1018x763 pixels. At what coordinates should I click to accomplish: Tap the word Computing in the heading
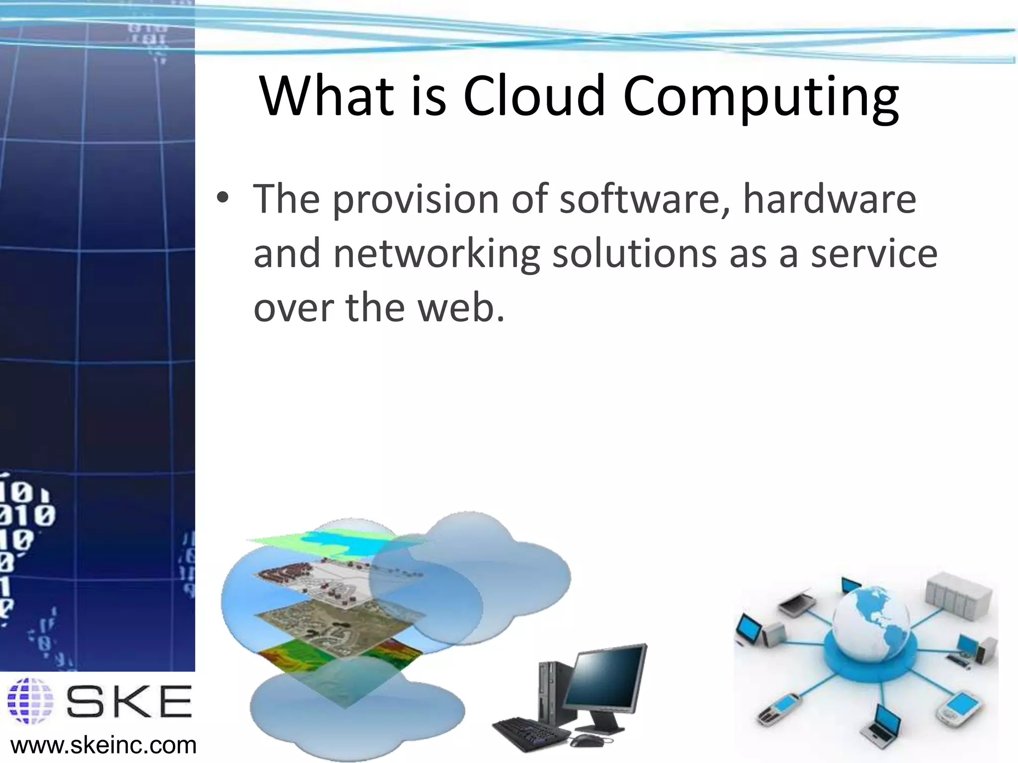pos(761,97)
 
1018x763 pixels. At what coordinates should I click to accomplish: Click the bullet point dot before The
pos(222,199)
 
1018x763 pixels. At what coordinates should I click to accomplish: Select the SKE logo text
pos(129,701)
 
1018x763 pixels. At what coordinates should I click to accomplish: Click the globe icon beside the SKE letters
pos(31,700)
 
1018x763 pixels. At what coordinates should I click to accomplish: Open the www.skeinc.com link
pos(103,746)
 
